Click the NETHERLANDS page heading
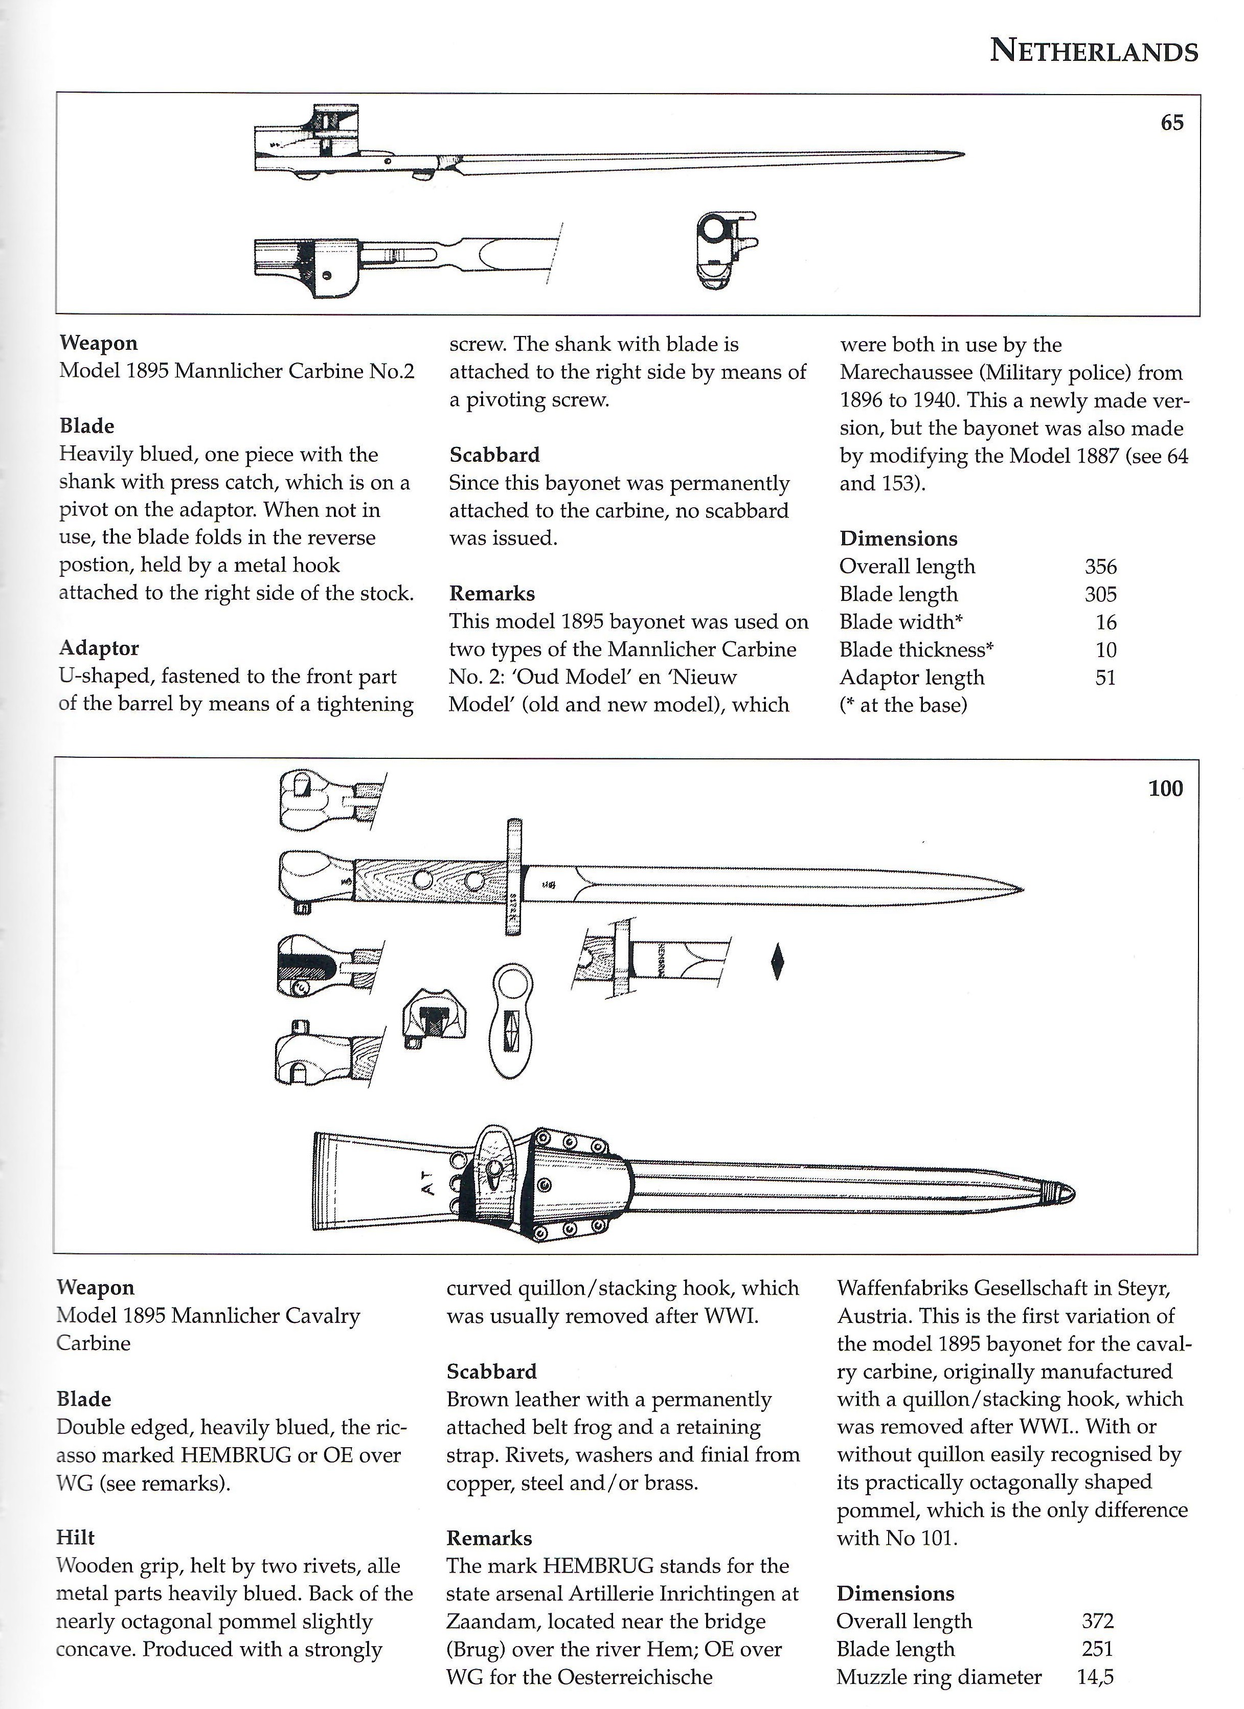click(x=1093, y=51)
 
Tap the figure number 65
click(x=1172, y=123)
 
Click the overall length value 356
click(x=1100, y=567)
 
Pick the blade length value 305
click(x=1100, y=595)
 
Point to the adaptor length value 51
click(x=1105, y=678)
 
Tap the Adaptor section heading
click(x=99, y=648)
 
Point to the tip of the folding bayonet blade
click(x=962, y=155)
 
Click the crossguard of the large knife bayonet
click(x=514, y=877)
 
